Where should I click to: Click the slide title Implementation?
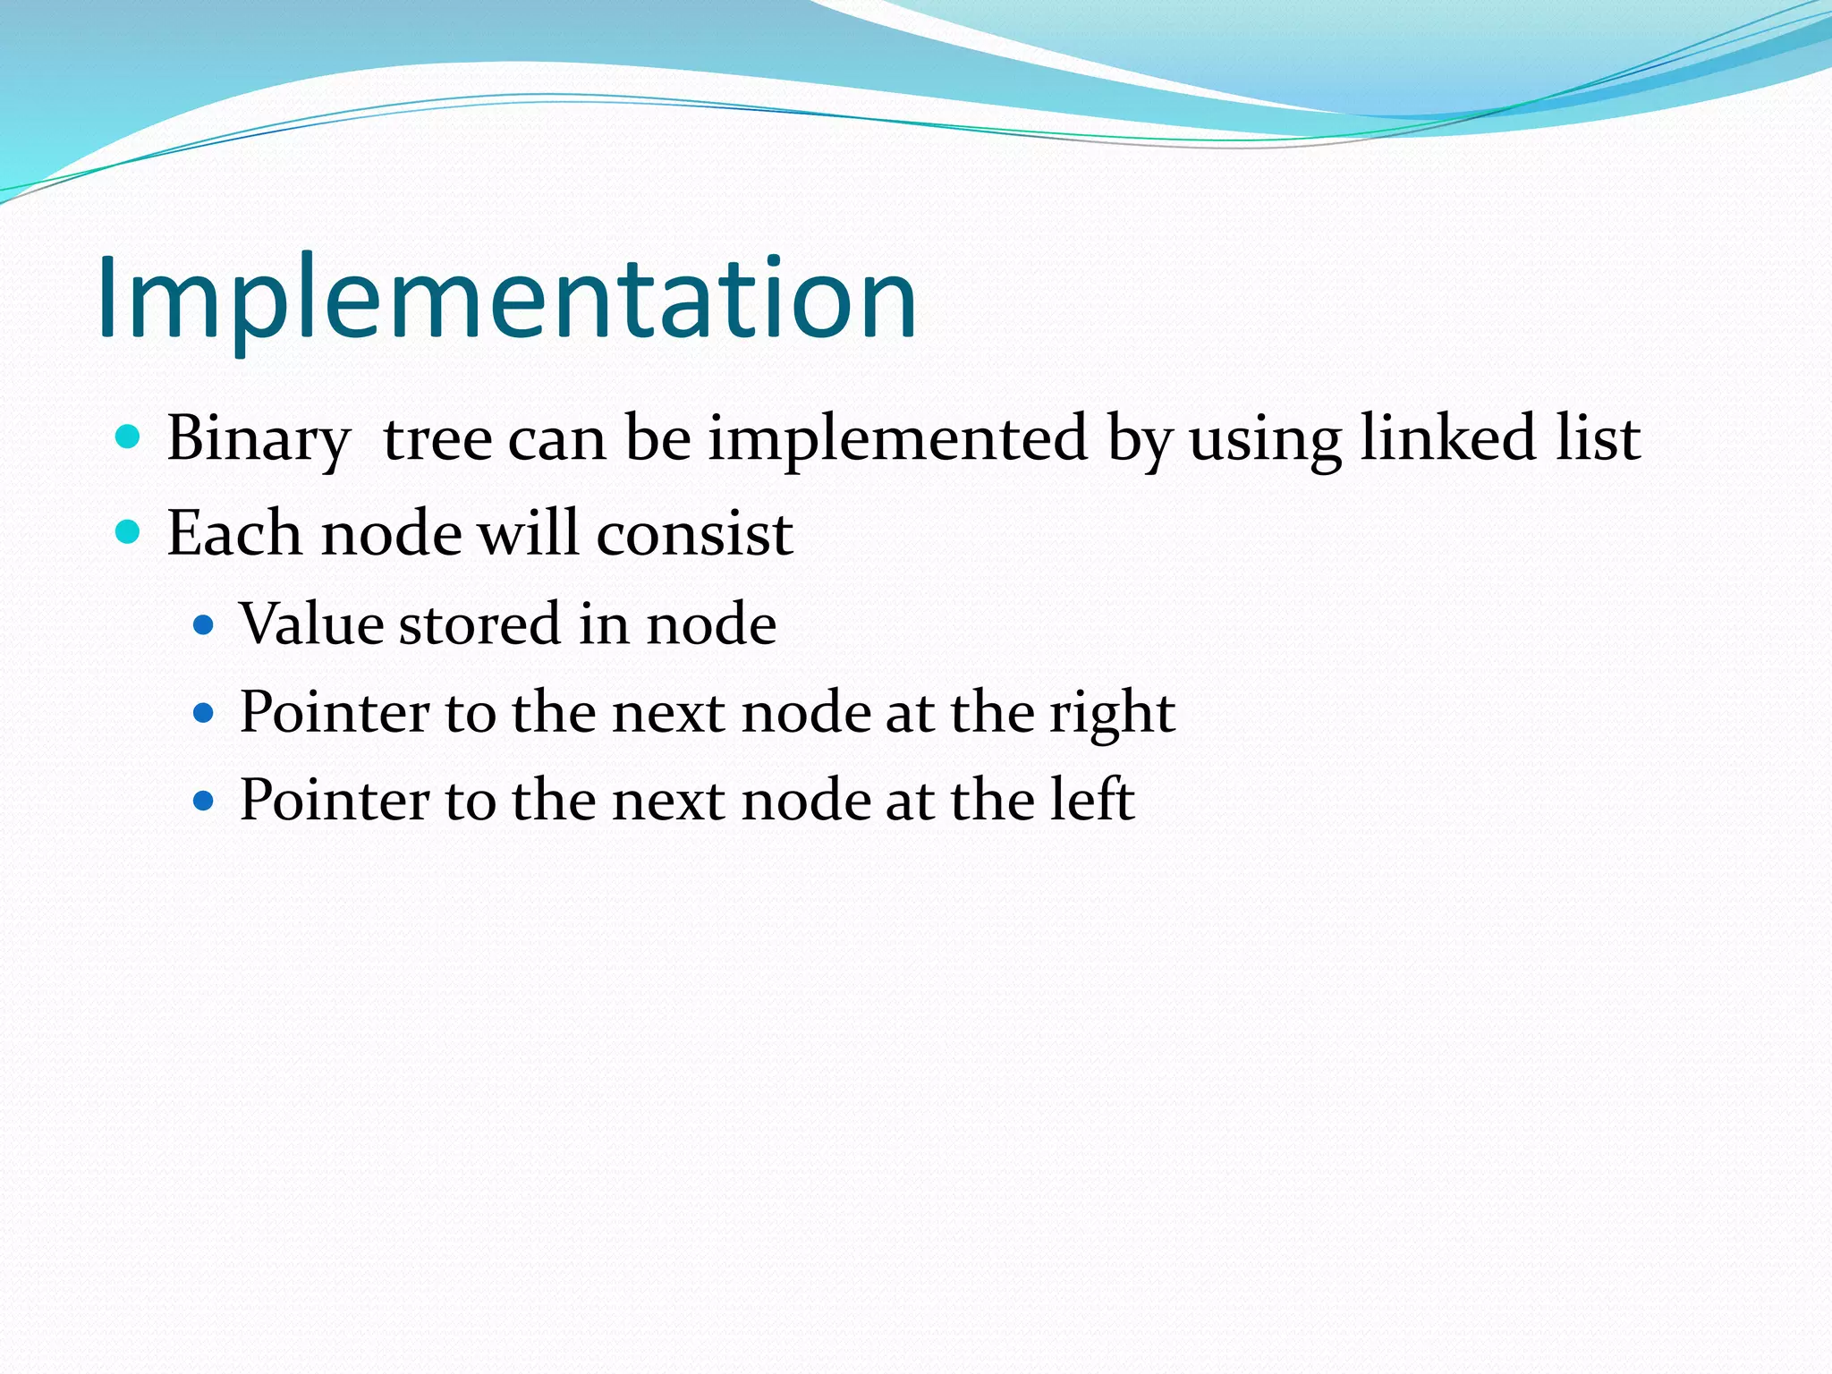pos(506,299)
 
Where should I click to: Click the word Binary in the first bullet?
pos(259,439)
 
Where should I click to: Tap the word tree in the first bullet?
pos(437,439)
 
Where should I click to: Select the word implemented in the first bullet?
pos(897,439)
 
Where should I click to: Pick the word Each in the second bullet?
pos(234,534)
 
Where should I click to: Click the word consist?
pos(694,534)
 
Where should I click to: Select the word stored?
pos(479,623)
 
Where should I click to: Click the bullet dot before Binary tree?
pos(129,437)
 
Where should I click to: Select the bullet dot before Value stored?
pos(204,623)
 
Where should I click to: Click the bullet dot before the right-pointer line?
pos(204,713)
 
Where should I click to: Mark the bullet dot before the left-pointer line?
pos(204,799)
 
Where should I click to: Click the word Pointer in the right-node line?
pos(335,713)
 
